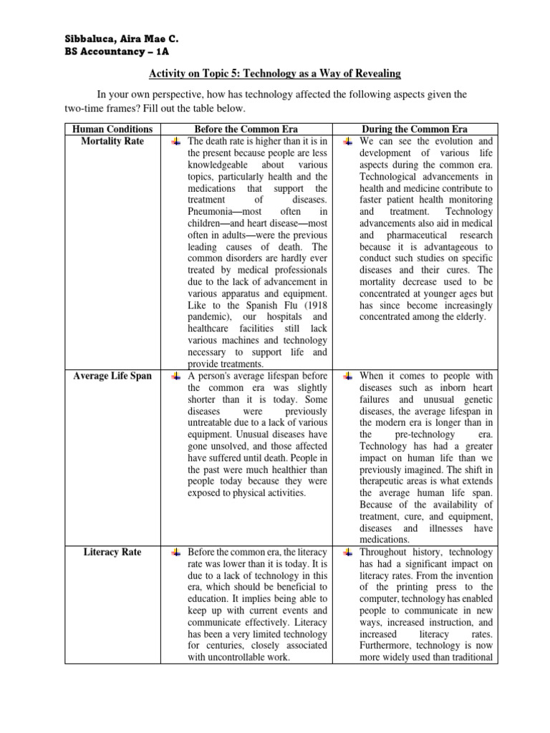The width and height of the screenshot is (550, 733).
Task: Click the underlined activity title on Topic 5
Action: [274, 74]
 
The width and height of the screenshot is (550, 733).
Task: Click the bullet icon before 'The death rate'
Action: [175, 142]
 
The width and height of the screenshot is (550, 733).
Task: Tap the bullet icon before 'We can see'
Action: [347, 142]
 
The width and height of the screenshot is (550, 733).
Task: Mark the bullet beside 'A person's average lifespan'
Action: [175, 377]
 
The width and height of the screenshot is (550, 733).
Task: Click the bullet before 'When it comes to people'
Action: [347, 377]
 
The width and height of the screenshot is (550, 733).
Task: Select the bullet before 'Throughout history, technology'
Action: [347, 553]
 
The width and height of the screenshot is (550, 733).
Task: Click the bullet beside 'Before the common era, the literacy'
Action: [175, 553]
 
